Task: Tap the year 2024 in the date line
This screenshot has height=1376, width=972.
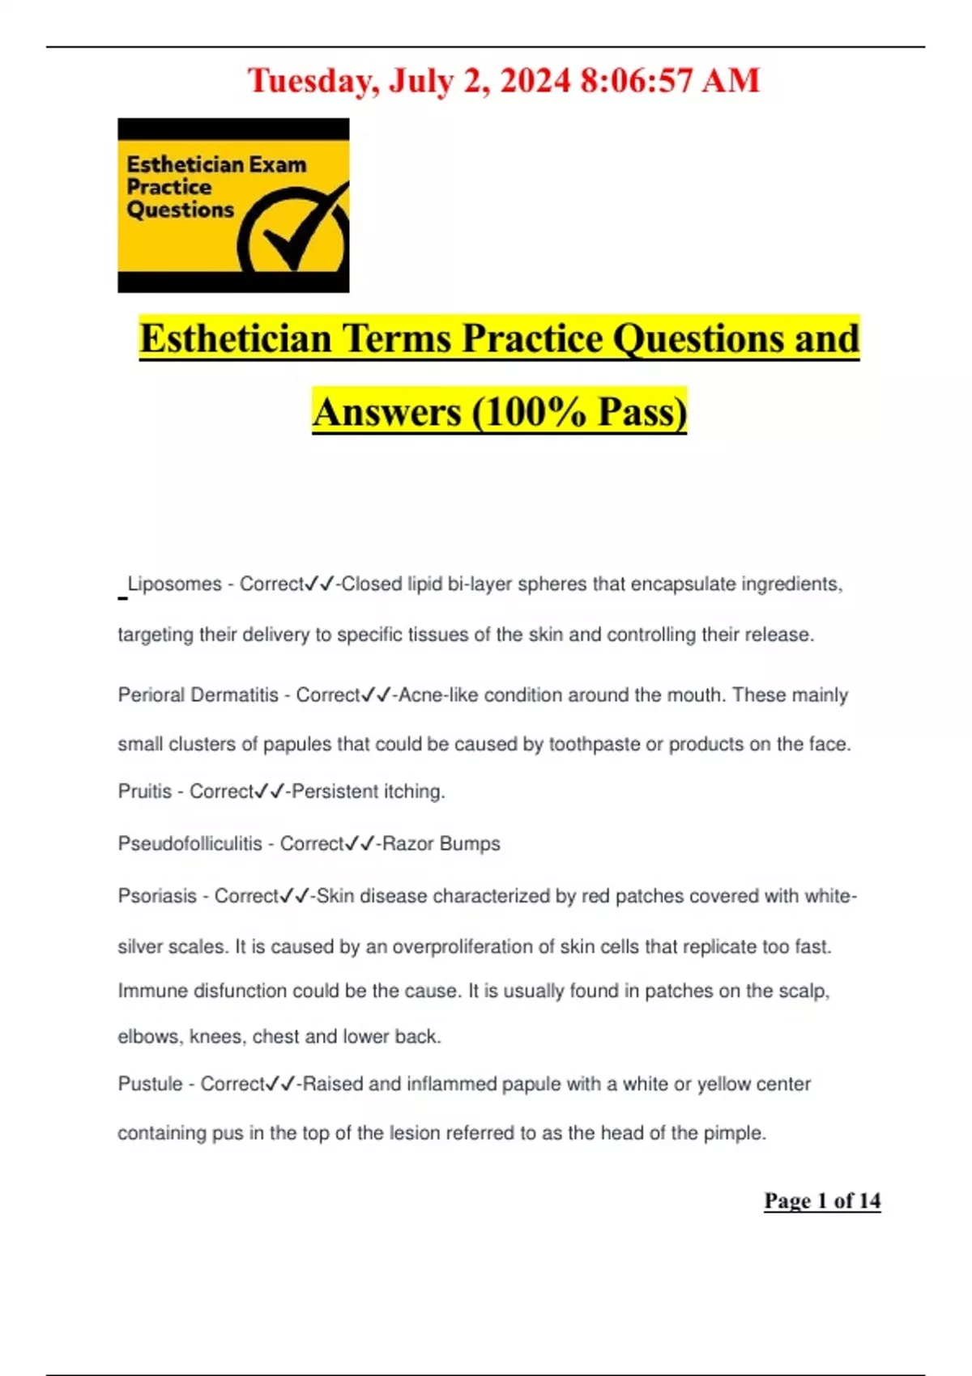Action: pyautogui.click(x=535, y=81)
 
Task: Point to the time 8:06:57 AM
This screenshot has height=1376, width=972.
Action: pyautogui.click(x=670, y=81)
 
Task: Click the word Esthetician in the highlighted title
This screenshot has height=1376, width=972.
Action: pyautogui.click(x=236, y=338)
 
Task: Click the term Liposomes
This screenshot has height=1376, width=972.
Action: pyautogui.click(x=174, y=584)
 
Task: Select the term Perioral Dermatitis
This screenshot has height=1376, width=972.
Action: pyautogui.click(x=198, y=694)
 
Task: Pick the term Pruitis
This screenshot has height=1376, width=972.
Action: pyautogui.click(x=144, y=791)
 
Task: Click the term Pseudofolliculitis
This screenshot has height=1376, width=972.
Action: pyautogui.click(x=190, y=843)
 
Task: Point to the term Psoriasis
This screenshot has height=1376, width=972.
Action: pyautogui.click(x=157, y=896)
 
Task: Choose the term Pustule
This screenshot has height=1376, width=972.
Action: pyautogui.click(x=150, y=1084)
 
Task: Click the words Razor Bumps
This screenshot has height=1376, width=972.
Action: pyautogui.click(x=441, y=843)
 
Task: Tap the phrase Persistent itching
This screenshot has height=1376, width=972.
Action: pyautogui.click(x=368, y=791)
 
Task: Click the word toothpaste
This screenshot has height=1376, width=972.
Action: pyautogui.click(x=595, y=744)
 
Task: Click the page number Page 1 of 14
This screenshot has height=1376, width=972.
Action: pyautogui.click(x=822, y=1200)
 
